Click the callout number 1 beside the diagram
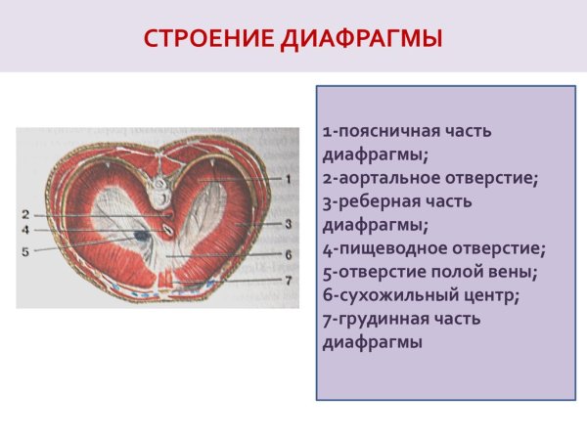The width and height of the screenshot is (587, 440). [290, 179]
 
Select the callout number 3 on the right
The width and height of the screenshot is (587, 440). [290, 224]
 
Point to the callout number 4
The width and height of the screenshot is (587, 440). [25, 230]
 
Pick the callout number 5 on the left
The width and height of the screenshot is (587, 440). [25, 249]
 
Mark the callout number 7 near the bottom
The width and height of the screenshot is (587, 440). [290, 281]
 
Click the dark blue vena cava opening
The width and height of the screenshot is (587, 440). [143, 237]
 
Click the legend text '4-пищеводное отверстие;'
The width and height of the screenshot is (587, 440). [433, 248]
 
